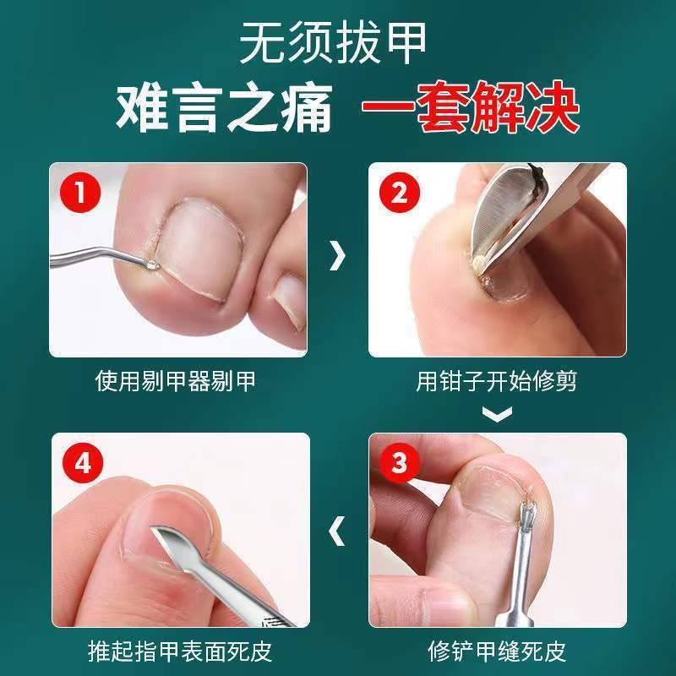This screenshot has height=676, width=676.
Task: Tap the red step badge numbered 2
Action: [398, 193]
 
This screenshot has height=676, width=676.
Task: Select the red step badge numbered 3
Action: [398, 463]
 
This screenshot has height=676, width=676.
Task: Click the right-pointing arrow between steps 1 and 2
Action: [338, 255]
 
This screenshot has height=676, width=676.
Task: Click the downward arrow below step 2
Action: [497, 414]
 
